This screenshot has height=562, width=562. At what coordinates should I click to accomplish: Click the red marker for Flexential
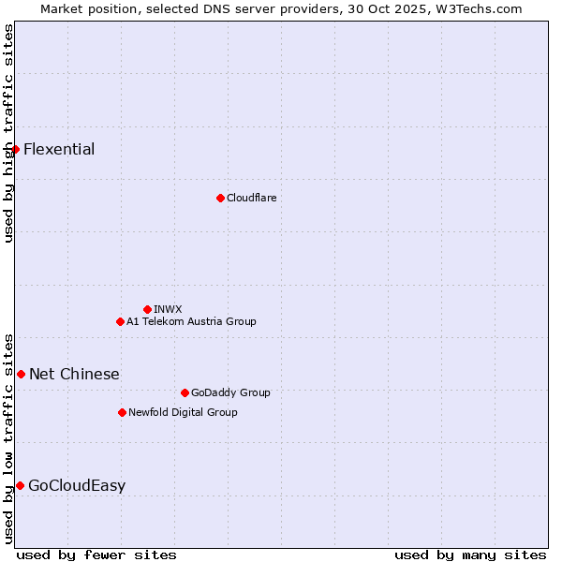[15, 149]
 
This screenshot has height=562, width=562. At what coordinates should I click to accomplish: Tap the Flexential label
[59, 150]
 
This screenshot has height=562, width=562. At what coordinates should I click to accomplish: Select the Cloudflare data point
[220, 198]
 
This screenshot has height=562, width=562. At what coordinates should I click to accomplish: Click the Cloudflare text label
[251, 198]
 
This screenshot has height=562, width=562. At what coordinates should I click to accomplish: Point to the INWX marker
[147, 309]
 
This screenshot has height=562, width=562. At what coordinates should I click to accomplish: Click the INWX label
[168, 309]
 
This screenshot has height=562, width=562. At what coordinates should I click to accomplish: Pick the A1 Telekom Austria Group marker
[120, 321]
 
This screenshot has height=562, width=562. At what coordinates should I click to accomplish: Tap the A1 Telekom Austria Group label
[191, 321]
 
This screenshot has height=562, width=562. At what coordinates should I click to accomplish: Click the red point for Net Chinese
[21, 374]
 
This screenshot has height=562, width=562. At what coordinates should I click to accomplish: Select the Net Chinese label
[74, 375]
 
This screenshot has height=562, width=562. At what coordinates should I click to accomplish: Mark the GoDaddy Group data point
[185, 392]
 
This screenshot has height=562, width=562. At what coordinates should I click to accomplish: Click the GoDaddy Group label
[230, 392]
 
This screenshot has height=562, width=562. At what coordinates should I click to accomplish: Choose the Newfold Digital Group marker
[122, 412]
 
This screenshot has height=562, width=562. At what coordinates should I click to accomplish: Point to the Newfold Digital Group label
[183, 412]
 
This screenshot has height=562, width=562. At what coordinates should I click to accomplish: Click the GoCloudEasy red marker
[20, 485]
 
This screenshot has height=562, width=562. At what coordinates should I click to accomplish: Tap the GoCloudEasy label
[77, 486]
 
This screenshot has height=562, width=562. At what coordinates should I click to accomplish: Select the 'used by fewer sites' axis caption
[96, 555]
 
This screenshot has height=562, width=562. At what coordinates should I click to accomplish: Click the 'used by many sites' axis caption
[470, 555]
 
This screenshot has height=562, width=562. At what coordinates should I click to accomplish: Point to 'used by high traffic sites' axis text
[8, 133]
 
